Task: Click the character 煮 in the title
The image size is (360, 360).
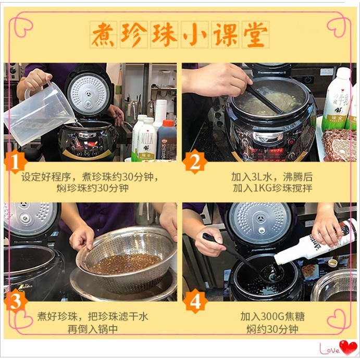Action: (103, 35)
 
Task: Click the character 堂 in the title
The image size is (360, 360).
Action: (255, 35)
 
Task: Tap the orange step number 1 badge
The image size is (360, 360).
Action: (16, 162)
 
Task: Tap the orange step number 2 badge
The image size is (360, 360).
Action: (195, 162)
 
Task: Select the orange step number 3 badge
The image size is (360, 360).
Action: (16, 301)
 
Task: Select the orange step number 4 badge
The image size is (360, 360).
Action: (195, 301)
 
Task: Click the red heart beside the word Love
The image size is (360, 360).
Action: (349, 347)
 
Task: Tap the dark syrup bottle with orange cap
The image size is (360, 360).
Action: (167, 140)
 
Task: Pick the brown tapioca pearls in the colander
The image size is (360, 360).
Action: (125, 264)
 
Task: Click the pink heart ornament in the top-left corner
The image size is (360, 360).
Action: (23, 27)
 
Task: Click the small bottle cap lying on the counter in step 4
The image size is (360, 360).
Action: (332, 263)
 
